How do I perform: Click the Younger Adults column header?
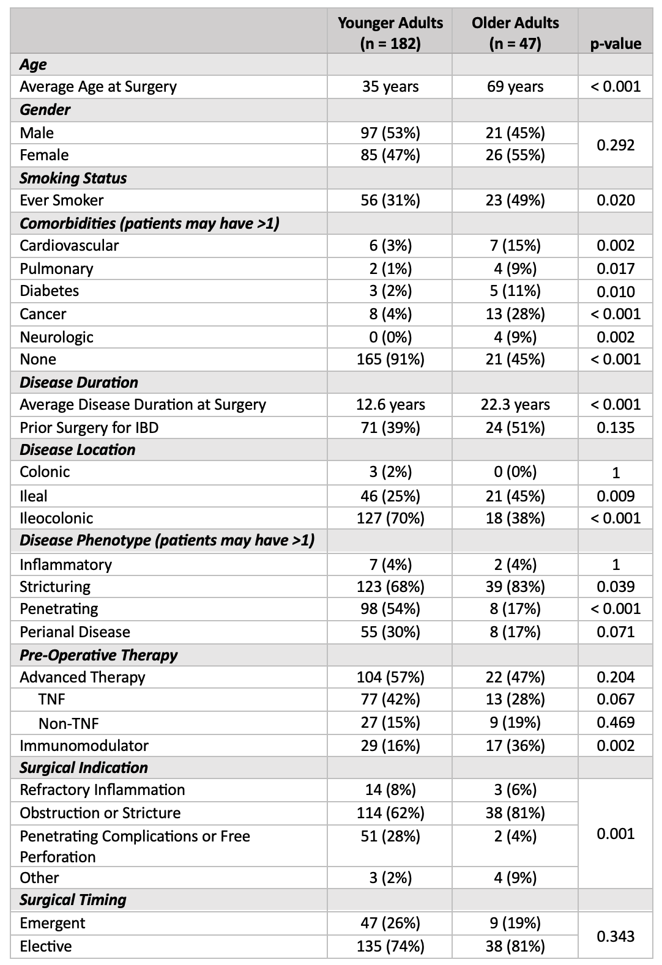390,33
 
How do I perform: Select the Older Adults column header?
515,33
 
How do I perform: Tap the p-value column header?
616,43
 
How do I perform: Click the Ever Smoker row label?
62,201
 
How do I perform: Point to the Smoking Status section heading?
73,179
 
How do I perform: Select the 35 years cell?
390,87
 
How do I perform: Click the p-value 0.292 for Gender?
616,145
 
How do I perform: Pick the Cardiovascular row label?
69,246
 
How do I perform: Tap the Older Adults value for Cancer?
515,314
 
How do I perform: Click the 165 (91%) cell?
390,360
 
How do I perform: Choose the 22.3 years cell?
515,404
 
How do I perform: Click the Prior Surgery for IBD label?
89,428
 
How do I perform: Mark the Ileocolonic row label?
56,518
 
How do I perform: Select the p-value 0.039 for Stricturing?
616,586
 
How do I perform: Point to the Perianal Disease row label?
75,632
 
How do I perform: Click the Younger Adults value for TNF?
390,699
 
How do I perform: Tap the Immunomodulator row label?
84,745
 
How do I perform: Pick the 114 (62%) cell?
390,813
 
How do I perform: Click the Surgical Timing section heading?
73,900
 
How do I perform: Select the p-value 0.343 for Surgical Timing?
616,937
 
